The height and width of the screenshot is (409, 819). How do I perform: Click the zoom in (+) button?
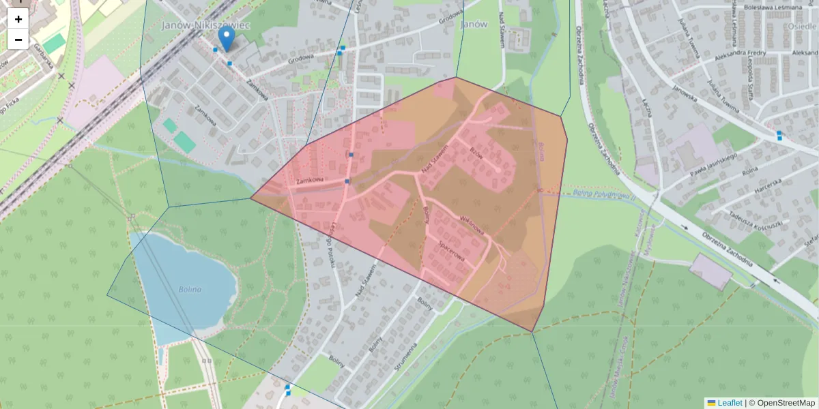18,19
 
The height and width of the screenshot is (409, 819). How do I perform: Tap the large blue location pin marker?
226,38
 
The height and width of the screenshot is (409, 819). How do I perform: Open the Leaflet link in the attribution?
730,403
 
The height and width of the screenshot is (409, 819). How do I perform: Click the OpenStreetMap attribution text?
781,403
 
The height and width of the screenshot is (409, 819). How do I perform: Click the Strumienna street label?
405,354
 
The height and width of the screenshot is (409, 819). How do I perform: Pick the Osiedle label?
799,25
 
